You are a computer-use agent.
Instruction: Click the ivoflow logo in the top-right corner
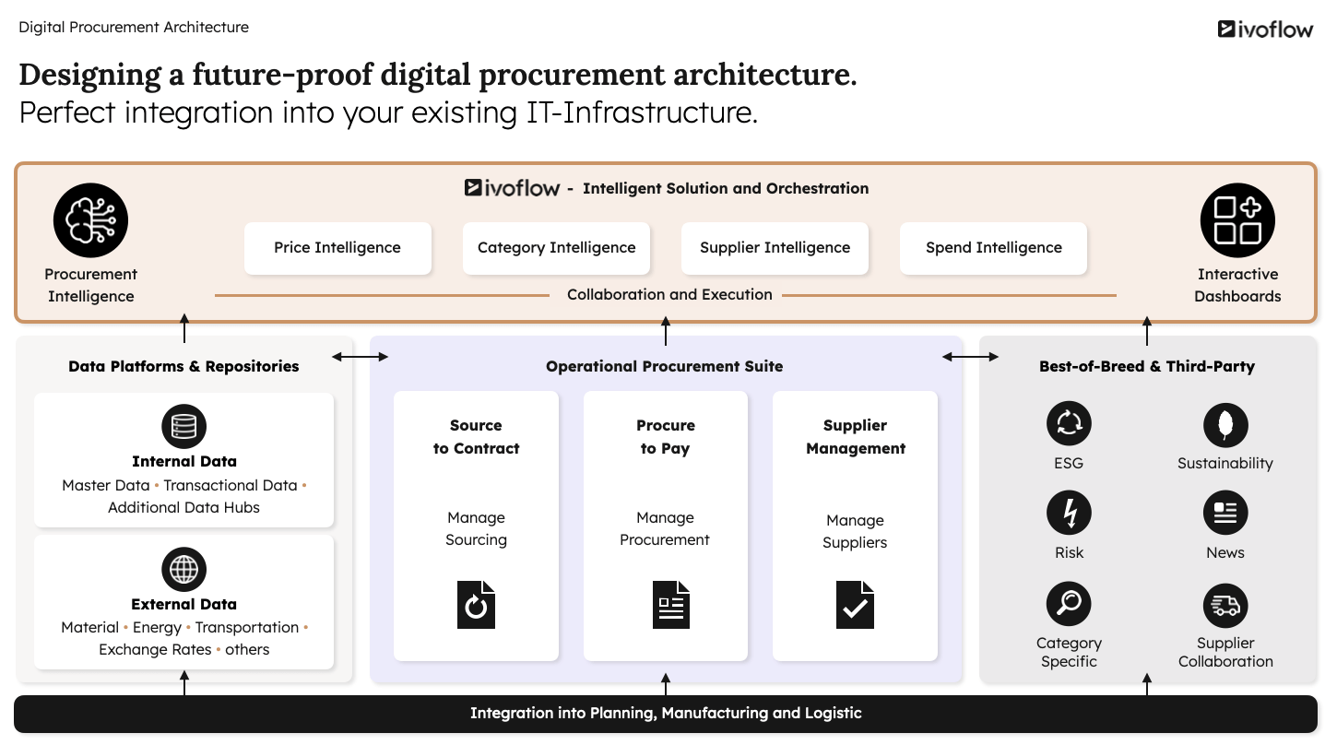tap(1265, 30)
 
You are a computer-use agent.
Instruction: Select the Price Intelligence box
tap(337, 248)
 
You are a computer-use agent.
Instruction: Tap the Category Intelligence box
tap(556, 248)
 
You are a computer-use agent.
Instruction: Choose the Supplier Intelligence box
tap(775, 248)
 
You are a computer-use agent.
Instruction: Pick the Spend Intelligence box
tap(993, 248)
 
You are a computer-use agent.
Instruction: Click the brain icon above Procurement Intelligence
tap(90, 220)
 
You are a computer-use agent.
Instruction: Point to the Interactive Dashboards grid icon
tap(1237, 220)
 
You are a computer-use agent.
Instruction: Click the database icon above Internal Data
tap(183, 427)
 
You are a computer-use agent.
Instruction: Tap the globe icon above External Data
tap(183, 570)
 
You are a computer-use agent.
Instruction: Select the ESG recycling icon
tap(1069, 424)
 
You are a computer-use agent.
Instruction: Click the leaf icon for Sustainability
tap(1225, 424)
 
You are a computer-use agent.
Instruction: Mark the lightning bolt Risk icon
tap(1069, 514)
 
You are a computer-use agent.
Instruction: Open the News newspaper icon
tap(1225, 514)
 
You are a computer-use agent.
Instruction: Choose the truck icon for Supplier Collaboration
tap(1225, 605)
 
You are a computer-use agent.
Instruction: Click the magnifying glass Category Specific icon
tap(1069, 605)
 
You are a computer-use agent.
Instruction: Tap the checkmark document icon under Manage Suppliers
tap(855, 605)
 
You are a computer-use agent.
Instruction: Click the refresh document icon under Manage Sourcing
tap(476, 605)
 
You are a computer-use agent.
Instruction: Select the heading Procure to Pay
tap(665, 437)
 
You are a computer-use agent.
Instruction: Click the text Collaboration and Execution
tap(669, 295)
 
